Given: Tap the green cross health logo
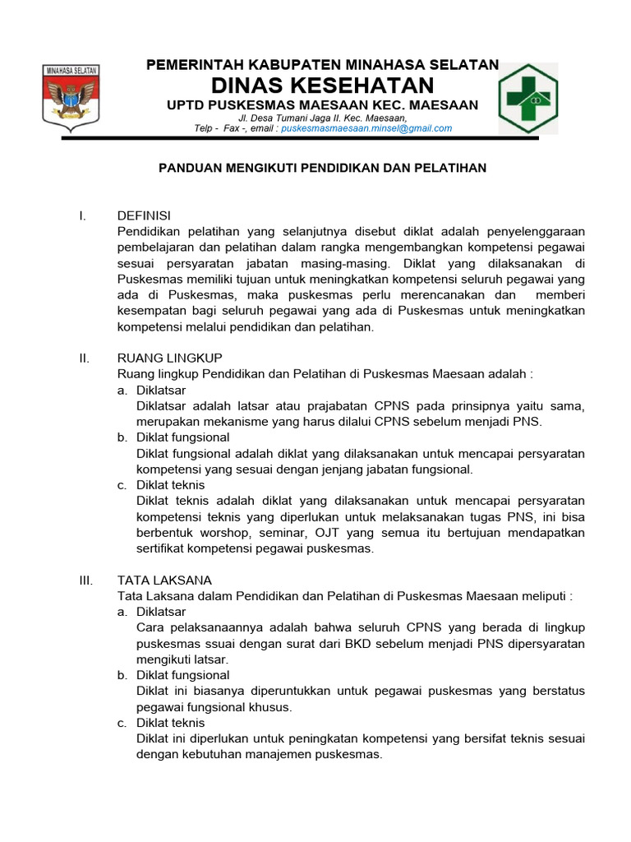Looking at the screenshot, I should coord(528,99).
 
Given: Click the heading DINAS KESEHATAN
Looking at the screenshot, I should coord(322,85).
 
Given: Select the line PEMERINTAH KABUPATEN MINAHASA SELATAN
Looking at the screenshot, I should coord(322,64).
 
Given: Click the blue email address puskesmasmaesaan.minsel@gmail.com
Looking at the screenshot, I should coord(366,128).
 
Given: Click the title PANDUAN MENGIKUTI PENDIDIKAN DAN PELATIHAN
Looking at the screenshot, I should coord(322,168).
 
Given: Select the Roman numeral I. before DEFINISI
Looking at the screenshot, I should coord(82,215).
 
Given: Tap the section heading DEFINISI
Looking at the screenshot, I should coord(144,215).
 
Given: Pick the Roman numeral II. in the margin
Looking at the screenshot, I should coord(84,358).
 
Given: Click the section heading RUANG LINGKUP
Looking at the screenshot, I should coord(170,358).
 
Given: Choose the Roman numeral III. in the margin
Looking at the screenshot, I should coord(85,581).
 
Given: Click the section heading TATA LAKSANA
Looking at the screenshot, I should coord(164,581).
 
